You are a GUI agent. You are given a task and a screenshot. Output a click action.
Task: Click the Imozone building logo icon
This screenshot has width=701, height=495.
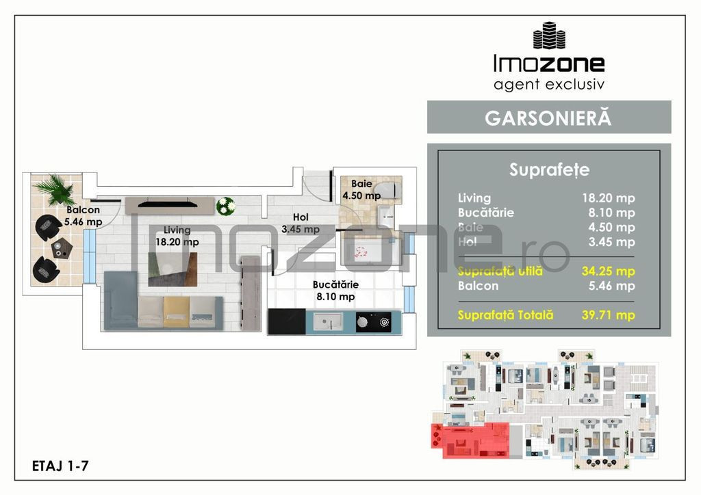pyautogui.click(x=548, y=36)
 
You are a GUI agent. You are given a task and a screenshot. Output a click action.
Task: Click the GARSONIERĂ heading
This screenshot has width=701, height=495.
pyautogui.click(x=548, y=117)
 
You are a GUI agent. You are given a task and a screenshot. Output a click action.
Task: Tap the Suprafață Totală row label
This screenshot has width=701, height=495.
pyautogui.click(x=506, y=315)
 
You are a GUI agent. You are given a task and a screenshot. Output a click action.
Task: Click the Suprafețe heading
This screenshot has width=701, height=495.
pyautogui.click(x=549, y=170)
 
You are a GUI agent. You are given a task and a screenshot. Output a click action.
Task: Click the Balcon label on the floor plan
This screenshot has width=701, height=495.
pyautogui.click(x=84, y=211)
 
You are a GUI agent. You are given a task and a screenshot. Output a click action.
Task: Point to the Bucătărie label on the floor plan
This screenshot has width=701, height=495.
pyautogui.click(x=335, y=284)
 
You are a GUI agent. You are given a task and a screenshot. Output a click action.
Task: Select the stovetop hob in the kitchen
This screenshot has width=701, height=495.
pyautogui.click(x=373, y=320)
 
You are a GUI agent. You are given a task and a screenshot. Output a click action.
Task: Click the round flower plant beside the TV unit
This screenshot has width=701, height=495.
pyautogui.click(x=225, y=204)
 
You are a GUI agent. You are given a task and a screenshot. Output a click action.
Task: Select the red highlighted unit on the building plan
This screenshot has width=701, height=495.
pyautogui.click(x=470, y=439)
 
